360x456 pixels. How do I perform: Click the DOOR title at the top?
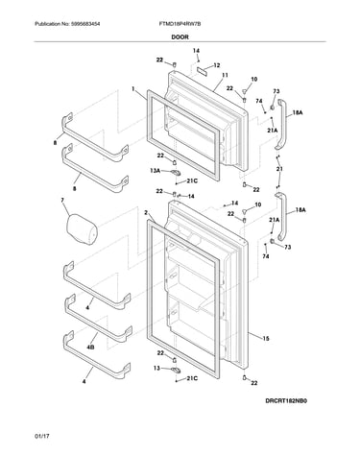click(180, 36)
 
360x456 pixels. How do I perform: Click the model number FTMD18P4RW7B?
click(180, 24)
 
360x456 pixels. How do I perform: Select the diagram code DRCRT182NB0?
click(286, 401)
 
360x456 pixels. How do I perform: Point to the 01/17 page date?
click(42, 436)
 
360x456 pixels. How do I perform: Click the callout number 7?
click(62, 201)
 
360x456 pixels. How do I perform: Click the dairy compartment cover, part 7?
click(82, 228)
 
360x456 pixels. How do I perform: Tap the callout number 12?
click(217, 65)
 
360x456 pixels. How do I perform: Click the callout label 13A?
click(155, 171)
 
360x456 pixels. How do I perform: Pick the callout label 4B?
click(90, 347)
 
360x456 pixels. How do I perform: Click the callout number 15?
click(266, 338)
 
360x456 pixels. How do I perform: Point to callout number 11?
click(225, 75)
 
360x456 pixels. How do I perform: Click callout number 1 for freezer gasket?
click(133, 88)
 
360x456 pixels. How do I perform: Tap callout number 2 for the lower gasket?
click(146, 212)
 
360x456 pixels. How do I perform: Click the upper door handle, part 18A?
click(281, 124)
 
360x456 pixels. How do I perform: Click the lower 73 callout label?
click(288, 247)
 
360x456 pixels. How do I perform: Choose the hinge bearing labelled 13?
click(175, 370)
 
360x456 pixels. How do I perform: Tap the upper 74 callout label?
click(259, 101)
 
